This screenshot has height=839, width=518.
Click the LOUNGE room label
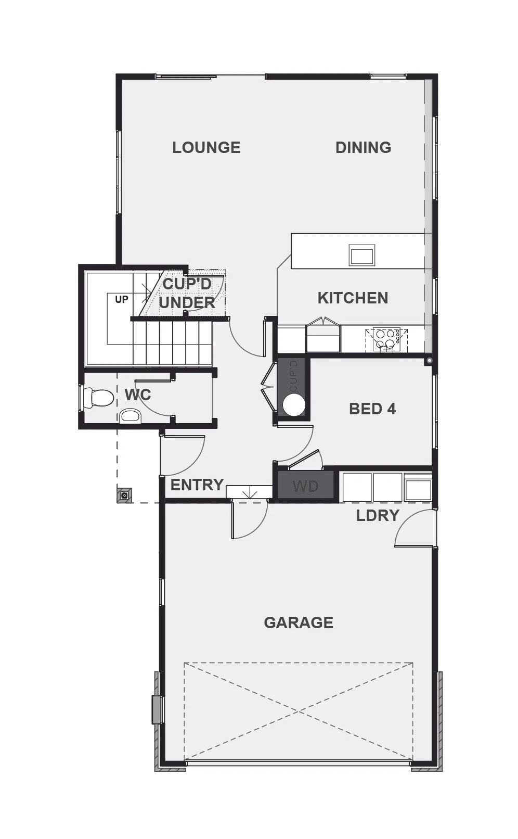(206, 148)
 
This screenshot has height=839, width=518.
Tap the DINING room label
(363, 148)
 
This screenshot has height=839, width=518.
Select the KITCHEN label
(353, 298)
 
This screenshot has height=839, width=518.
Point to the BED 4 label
(372, 409)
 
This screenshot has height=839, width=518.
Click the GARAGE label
(299, 622)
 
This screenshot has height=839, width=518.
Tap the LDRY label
(378, 516)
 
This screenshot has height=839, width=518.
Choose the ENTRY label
(197, 485)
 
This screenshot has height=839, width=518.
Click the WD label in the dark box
(305, 486)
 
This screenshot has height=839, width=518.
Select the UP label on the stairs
(121, 299)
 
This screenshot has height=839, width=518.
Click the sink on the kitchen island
(362, 255)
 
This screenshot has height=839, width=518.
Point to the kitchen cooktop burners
(386, 340)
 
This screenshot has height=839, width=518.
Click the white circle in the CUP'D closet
(294, 404)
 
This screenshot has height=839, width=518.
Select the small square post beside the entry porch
(125, 495)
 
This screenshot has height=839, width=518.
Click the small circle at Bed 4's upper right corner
(429, 361)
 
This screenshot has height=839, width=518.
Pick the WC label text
(138, 395)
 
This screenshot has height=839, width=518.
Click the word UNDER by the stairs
(187, 302)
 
